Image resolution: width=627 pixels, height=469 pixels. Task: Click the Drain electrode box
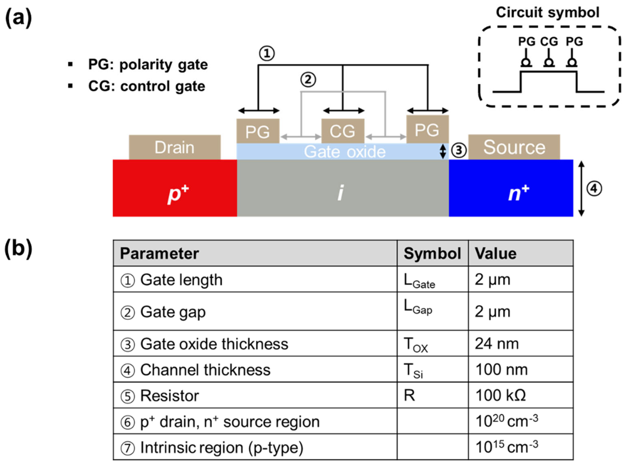(x=175, y=147)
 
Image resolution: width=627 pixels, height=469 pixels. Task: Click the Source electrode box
(x=514, y=147)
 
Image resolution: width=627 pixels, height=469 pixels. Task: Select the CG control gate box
(x=342, y=131)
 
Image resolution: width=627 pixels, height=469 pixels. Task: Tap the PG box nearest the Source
(x=427, y=130)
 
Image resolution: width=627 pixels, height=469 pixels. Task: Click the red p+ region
(x=175, y=188)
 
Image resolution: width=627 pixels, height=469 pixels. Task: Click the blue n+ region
(x=511, y=188)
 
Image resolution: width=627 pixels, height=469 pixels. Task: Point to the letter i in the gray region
(x=341, y=193)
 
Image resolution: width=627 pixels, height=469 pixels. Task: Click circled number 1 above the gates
(x=267, y=53)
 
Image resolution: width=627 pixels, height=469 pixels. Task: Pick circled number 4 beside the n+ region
(x=594, y=189)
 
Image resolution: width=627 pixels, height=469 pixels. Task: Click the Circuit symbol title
(x=547, y=12)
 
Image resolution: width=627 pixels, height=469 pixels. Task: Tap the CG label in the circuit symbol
(x=549, y=42)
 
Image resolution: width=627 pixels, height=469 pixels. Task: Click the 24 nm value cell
(x=497, y=343)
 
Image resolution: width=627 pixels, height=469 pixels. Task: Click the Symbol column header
(x=432, y=253)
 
